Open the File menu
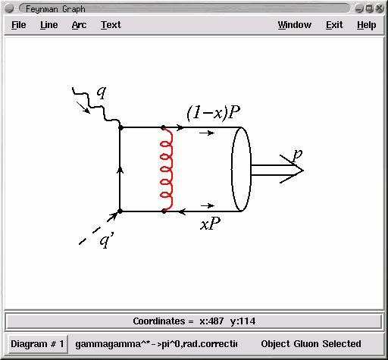click(19, 25)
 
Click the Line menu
click(49, 25)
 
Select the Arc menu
click(79, 25)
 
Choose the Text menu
click(111, 25)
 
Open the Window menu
click(295, 25)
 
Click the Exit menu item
click(334, 25)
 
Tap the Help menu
click(367, 25)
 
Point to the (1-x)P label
click(214, 112)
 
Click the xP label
click(211, 224)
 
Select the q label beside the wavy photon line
click(102, 92)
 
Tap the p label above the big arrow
click(297, 155)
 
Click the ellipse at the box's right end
click(232, 169)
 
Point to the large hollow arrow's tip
click(303, 171)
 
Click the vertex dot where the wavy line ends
click(120, 127)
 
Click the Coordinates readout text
click(194, 321)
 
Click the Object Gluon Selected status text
click(311, 344)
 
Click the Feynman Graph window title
click(55, 9)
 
